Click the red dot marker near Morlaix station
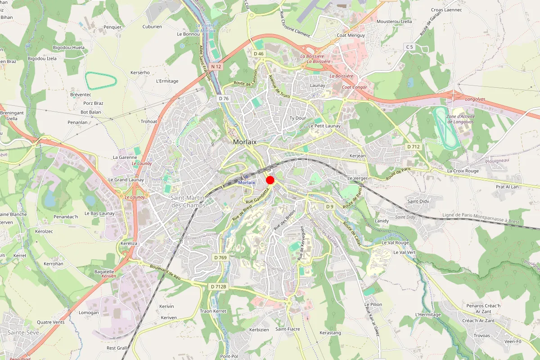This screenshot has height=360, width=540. point(270,180)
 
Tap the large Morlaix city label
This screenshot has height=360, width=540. point(245,142)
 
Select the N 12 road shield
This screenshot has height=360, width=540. point(216,67)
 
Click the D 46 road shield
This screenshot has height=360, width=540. point(258,54)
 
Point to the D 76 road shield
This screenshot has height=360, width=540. point(223,98)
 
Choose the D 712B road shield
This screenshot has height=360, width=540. point(218,286)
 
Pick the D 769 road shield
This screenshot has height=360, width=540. point(220,257)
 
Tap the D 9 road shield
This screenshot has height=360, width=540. point(330,207)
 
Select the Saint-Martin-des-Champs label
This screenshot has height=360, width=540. point(188,201)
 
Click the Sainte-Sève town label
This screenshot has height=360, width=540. point(22,332)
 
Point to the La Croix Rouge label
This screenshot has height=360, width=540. point(463,171)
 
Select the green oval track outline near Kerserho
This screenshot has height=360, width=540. point(101,80)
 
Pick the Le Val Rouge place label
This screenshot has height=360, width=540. point(395,243)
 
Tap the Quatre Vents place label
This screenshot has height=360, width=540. point(50,322)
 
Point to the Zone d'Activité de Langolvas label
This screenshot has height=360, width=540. point(460,119)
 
